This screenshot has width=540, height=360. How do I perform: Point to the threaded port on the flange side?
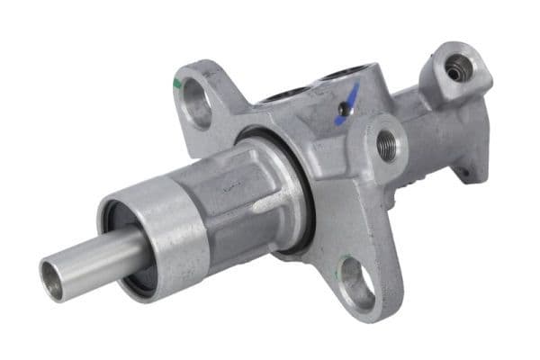point(387,144)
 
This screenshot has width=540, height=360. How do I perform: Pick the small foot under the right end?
point(470,171)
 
